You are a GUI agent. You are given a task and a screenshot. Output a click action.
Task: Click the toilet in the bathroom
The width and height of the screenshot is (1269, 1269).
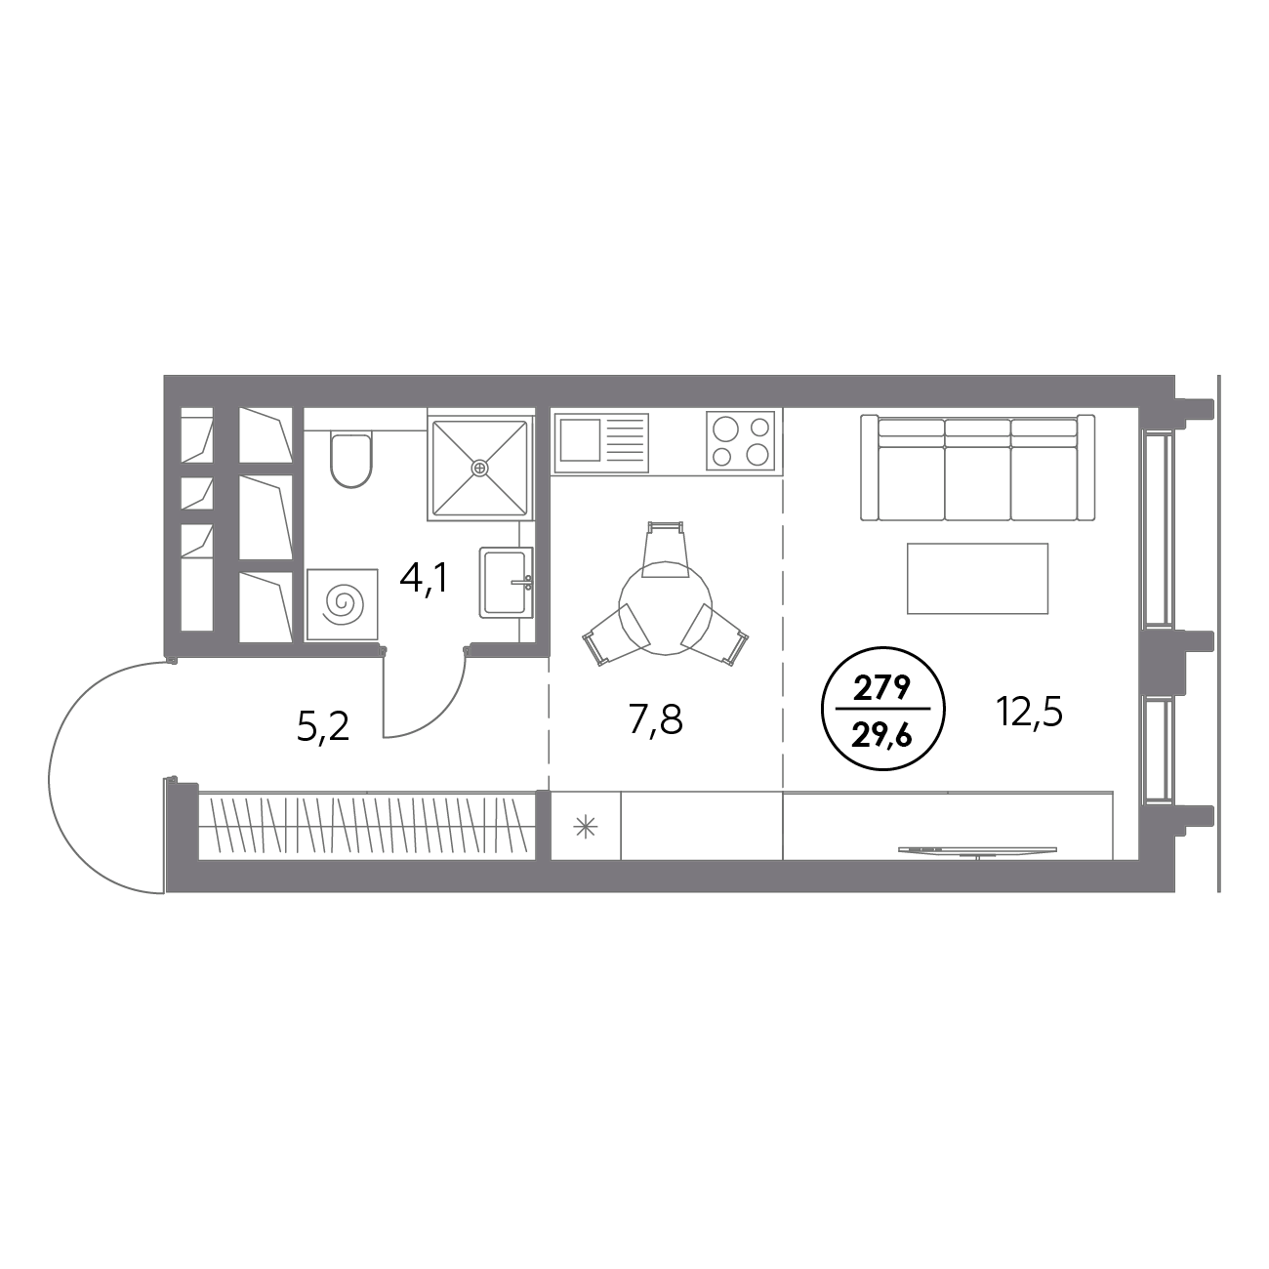coord(351,460)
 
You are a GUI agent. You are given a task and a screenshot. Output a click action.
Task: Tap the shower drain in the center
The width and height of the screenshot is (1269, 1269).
coord(480,468)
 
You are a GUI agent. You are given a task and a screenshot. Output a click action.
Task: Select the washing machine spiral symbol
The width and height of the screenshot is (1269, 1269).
coord(342,603)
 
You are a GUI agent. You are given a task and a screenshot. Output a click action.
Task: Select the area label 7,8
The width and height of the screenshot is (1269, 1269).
coord(656,720)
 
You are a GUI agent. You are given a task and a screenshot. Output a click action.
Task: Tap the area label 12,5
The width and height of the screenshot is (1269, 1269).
coord(1029,713)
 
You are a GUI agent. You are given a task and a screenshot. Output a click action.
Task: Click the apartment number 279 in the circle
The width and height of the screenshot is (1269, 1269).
coord(882,689)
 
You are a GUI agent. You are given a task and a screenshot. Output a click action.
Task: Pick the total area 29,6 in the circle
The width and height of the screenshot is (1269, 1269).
coord(882,736)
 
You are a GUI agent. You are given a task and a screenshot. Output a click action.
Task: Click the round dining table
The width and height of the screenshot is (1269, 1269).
coord(665,608)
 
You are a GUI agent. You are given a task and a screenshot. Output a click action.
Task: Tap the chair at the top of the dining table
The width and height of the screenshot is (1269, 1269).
coord(665,550)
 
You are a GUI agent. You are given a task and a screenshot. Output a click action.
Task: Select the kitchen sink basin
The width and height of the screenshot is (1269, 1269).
coord(580,440)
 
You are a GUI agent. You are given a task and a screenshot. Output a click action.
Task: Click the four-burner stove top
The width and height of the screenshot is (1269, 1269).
coord(741,440)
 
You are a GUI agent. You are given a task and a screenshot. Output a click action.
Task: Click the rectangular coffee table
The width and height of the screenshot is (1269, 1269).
coord(977,578)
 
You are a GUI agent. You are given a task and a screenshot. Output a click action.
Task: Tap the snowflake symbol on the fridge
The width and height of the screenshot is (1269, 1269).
coord(586,827)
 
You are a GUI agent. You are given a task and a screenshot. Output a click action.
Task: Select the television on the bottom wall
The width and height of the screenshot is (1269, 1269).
coord(977,851)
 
